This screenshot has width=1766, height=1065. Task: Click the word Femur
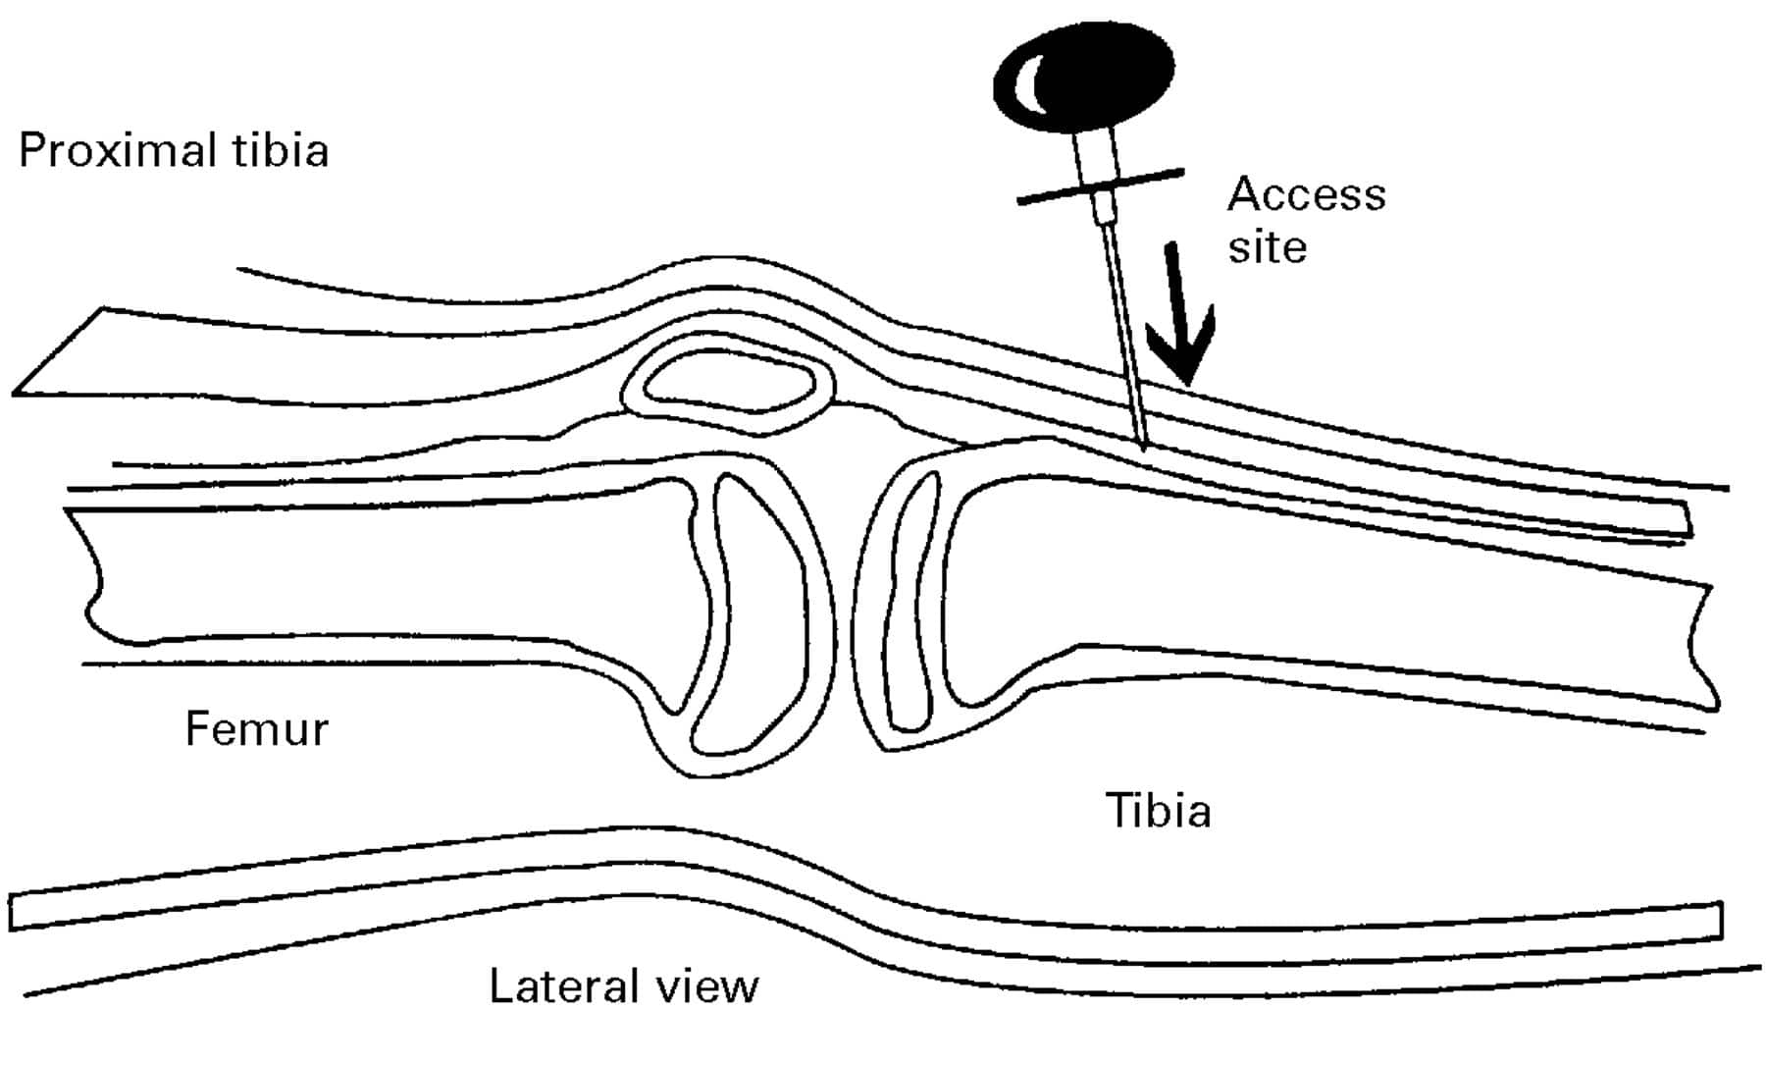tap(256, 729)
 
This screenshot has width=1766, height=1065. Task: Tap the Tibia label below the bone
tap(1158, 811)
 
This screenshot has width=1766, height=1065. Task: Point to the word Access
tap(1306, 194)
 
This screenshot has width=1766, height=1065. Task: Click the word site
tap(1267, 246)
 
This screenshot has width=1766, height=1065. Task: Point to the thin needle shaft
tap(1124, 334)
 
